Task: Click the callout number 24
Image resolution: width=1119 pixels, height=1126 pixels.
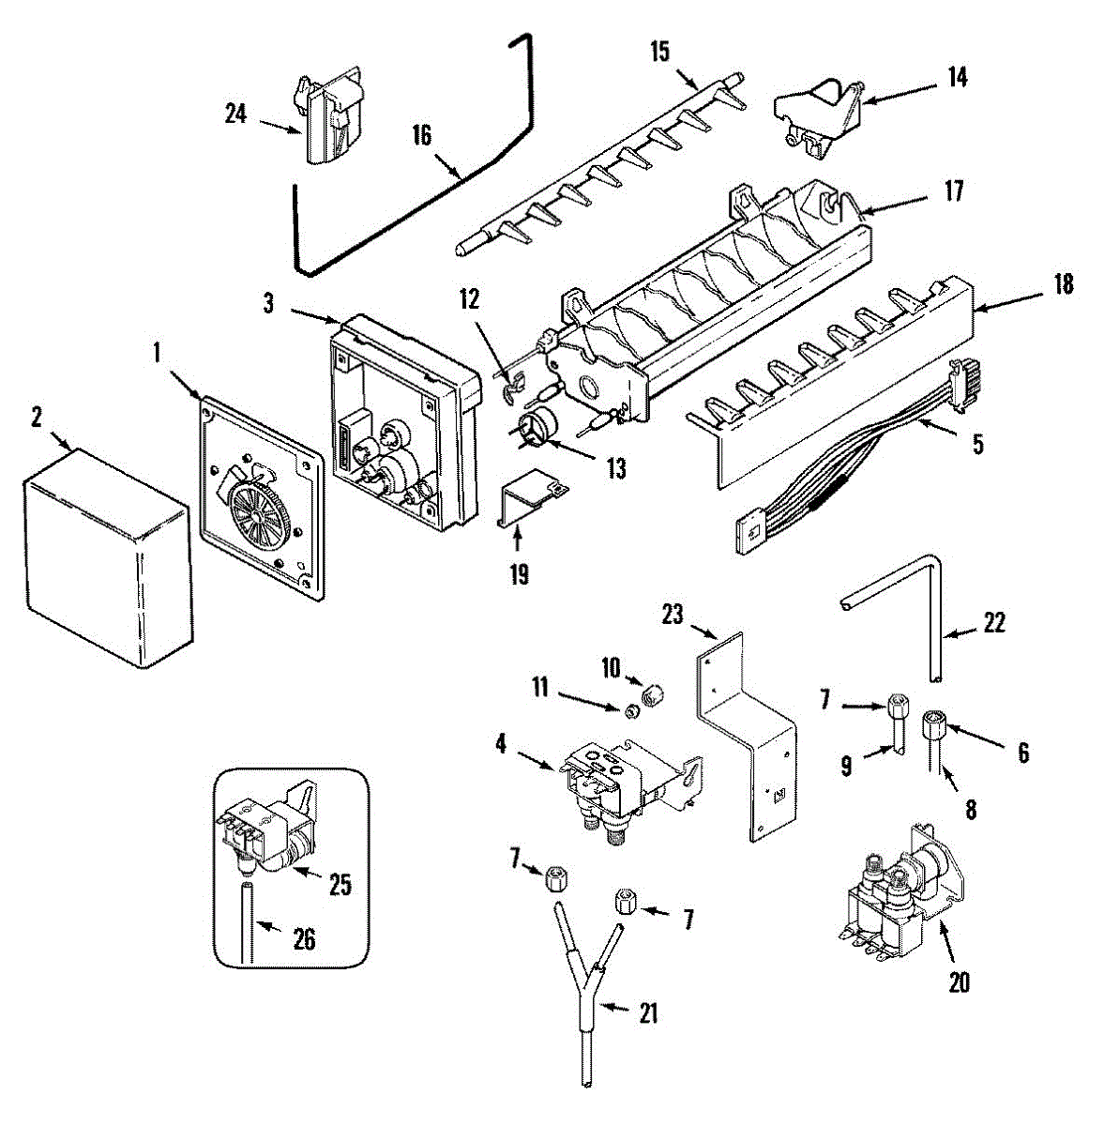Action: pyautogui.click(x=235, y=114)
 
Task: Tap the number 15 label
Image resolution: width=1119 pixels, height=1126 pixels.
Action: pyautogui.click(x=659, y=52)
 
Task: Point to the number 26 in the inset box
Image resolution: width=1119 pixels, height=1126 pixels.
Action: pyautogui.click(x=305, y=940)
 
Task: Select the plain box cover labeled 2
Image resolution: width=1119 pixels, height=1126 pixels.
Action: pyautogui.click(x=108, y=558)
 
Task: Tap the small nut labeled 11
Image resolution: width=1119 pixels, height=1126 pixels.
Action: pyautogui.click(x=631, y=710)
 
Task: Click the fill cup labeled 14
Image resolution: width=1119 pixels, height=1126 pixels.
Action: pyautogui.click(x=818, y=118)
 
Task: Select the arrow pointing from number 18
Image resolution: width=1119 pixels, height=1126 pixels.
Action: pyautogui.click(x=1008, y=303)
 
